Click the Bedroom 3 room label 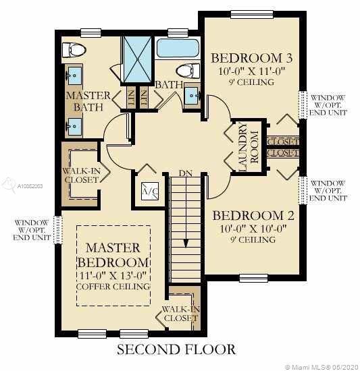coord(251,58)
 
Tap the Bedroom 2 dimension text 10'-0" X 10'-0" coord(253,229)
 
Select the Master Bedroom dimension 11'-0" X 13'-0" coord(112,275)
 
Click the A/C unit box coord(150,191)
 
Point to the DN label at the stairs coord(186,173)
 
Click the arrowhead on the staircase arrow coord(186,244)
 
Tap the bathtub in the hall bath coord(178,49)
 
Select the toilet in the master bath coord(74,50)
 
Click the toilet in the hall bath coord(188,71)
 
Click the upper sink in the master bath coord(75,76)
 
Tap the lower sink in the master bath coord(74,127)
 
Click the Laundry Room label coord(248,147)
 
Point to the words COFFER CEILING coord(113,287)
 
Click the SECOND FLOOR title coord(176,349)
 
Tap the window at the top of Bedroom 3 coord(252,14)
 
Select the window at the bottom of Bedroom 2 coord(253,278)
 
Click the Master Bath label coord(88,101)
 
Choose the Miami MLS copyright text coord(322,367)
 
